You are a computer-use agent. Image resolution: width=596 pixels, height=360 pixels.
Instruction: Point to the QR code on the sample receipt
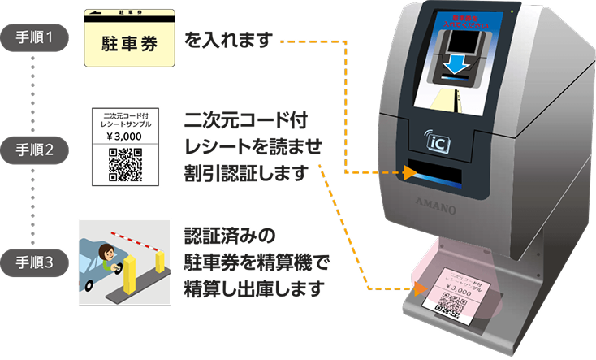125,164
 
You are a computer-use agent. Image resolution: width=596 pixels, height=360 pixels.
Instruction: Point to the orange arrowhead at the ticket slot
410,173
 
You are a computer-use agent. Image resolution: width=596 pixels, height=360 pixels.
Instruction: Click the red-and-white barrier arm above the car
135,235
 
